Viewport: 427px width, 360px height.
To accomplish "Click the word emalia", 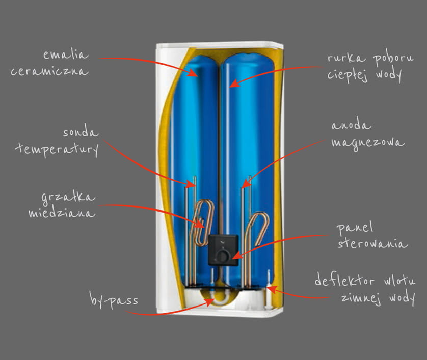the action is coord(66,54).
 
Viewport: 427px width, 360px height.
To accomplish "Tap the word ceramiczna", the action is coord(49,71).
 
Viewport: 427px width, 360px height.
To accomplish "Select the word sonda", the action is coord(81,132).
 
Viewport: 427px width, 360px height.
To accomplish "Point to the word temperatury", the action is coord(57,149).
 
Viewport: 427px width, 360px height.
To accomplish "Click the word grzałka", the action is coord(68,197).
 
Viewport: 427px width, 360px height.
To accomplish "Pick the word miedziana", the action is coord(62,213).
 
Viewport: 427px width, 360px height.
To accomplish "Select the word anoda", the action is coord(351,125).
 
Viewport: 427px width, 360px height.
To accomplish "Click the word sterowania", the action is coord(372,243).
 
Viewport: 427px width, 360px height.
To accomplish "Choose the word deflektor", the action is coord(344,281).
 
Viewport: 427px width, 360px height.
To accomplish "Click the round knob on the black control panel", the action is coord(223,256).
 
